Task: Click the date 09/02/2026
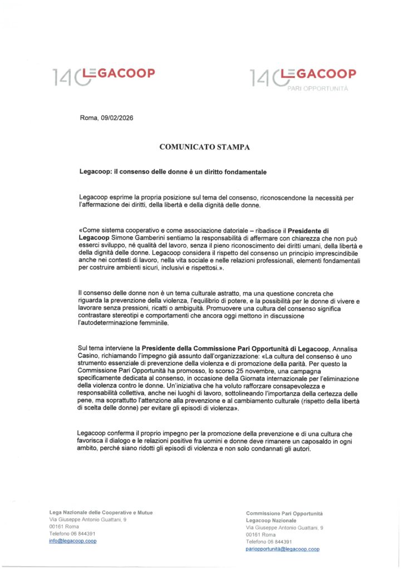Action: point(116,118)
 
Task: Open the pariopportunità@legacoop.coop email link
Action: point(283,548)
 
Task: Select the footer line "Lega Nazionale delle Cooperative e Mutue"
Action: point(101,512)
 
